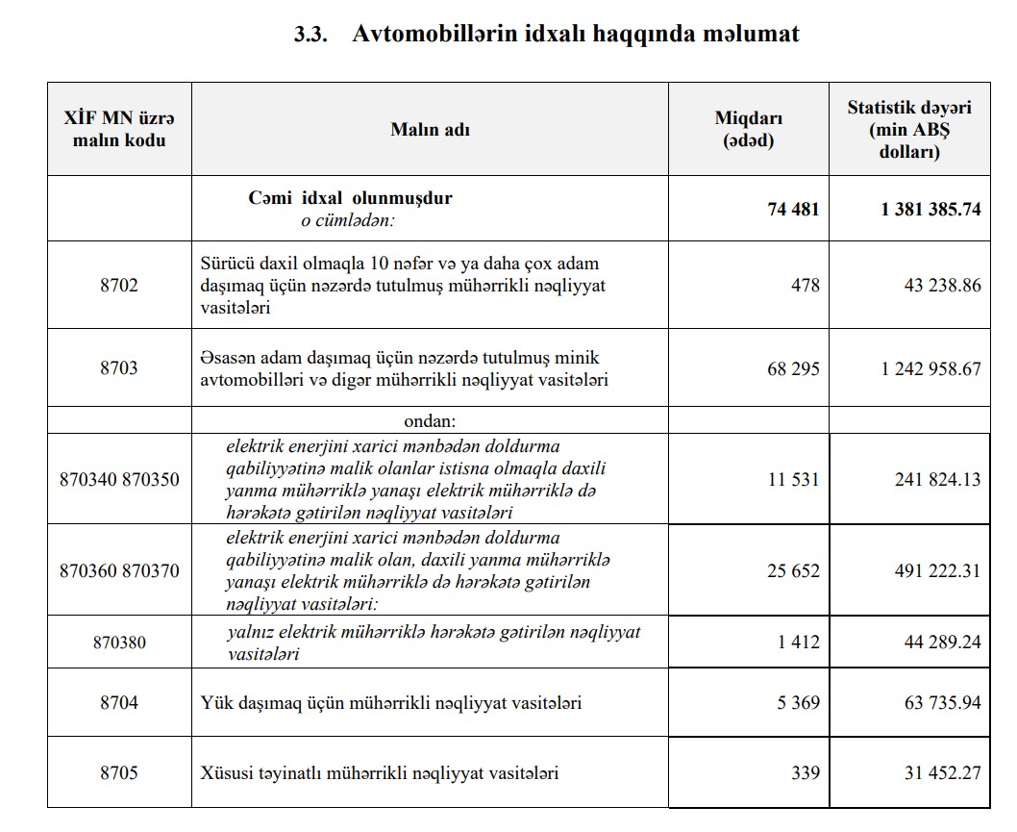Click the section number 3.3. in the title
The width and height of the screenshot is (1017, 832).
tap(310, 36)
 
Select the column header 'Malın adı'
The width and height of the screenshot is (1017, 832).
tap(430, 130)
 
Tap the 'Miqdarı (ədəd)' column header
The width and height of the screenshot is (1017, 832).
tap(748, 129)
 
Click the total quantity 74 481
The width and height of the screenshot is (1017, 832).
tap(793, 209)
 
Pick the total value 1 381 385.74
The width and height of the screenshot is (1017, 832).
tap(930, 209)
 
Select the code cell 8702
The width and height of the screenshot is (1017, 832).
tap(118, 286)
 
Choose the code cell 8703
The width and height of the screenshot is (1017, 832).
tap(118, 368)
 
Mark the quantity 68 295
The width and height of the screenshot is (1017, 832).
tap(793, 368)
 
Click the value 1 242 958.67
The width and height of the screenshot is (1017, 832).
tap(930, 368)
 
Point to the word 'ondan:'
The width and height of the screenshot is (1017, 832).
tap(430, 421)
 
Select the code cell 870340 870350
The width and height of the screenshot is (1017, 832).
tap(119, 479)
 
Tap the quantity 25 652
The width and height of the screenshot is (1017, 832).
tap(793, 571)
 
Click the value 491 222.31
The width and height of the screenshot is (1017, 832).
tap(937, 571)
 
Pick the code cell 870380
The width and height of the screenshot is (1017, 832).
tap(119, 642)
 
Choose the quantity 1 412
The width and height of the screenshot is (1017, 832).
tap(798, 642)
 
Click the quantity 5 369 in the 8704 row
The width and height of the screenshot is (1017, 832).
tap(798, 703)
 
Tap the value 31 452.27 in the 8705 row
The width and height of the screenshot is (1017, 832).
tap(937, 773)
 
